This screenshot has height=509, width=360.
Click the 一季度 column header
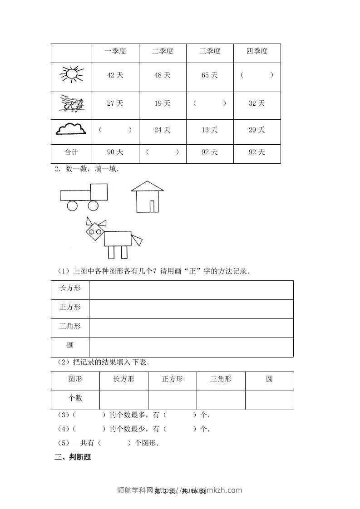(115, 52)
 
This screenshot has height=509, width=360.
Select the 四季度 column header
(257, 52)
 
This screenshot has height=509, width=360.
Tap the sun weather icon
(71, 74)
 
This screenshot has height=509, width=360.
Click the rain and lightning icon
(71, 104)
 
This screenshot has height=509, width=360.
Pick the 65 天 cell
(210, 75)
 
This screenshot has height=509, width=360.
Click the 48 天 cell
(163, 75)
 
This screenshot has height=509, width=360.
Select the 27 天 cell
(115, 103)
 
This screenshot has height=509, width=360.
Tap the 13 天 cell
(210, 130)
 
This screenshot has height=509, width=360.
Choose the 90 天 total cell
(115, 152)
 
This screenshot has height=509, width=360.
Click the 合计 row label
(71, 152)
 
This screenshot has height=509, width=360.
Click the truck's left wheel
(72, 206)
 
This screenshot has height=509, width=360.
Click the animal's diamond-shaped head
(95, 233)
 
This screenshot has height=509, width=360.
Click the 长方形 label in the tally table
(70, 288)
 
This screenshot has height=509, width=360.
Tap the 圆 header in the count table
(269, 379)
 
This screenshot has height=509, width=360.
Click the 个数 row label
(75, 398)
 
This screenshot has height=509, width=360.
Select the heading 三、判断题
(73, 457)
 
